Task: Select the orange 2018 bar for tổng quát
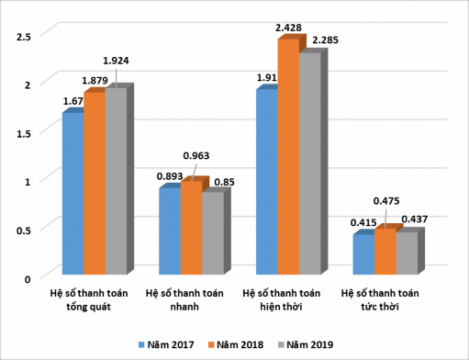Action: click(x=94, y=183)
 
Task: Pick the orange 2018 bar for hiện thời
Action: click(x=287, y=157)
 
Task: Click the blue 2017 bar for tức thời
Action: click(x=363, y=254)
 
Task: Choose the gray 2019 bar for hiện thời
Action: click(x=309, y=163)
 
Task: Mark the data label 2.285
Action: click(x=327, y=40)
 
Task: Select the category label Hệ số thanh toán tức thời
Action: click(x=379, y=300)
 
